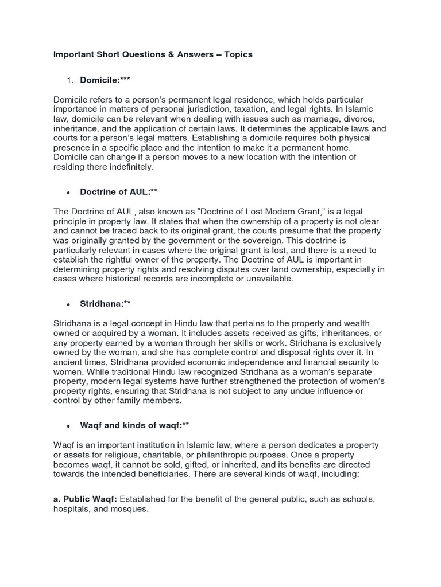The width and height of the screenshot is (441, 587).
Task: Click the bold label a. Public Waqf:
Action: (87, 499)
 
